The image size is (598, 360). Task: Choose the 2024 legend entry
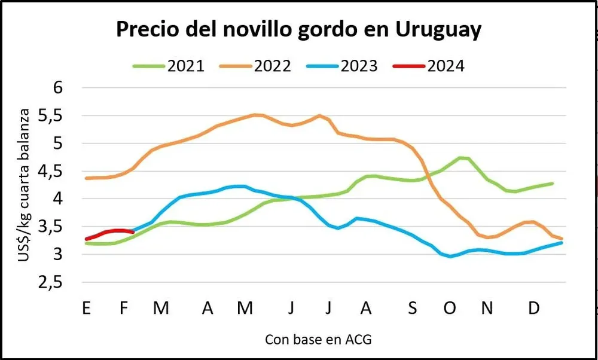pos(429,66)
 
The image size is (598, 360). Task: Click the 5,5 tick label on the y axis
pos(66,115)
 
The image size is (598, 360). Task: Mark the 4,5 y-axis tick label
pos(66,171)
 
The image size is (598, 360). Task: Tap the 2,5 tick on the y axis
pos(66,283)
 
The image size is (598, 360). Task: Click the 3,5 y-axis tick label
pos(66,227)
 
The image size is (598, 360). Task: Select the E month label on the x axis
pos(87,309)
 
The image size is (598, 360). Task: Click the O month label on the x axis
pos(450,309)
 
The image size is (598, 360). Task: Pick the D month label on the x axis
pos(535,309)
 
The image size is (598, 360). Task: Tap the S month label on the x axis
pos(412,309)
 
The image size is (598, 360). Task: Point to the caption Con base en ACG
pos(318,340)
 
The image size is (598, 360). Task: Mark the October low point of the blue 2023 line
pos(450,257)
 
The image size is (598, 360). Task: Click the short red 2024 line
pos(111,231)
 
